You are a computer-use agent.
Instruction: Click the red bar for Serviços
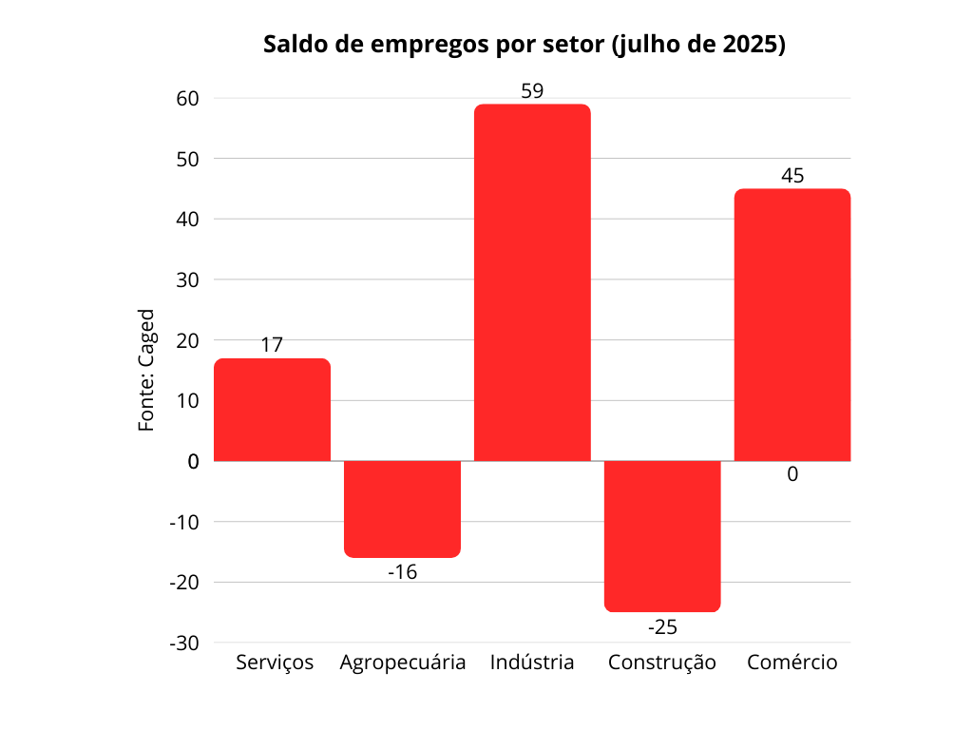[x=272, y=410]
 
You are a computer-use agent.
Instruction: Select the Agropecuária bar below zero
[x=402, y=509]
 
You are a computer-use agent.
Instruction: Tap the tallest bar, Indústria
[x=532, y=282]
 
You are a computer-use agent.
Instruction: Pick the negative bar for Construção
[x=662, y=536]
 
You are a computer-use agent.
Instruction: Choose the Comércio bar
[x=792, y=325]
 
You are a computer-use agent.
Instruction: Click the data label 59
[x=532, y=91]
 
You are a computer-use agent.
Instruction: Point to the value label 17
[x=272, y=344]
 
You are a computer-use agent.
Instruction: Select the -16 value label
[x=402, y=571]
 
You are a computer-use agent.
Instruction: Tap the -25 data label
[x=662, y=627]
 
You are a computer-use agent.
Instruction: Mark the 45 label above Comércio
[x=792, y=176]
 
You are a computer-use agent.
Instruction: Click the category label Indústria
[x=532, y=663]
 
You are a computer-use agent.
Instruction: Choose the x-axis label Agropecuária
[x=403, y=663]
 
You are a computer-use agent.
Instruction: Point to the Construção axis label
[x=662, y=663]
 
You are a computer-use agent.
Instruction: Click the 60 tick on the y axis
[x=187, y=98]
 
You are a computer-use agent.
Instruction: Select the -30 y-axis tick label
[x=184, y=644]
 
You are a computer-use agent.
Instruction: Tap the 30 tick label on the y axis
[x=187, y=280]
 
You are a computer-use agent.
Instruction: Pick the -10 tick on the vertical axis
[x=184, y=522]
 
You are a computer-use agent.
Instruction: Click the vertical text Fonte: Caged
[x=146, y=370]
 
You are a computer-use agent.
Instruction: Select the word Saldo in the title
[x=295, y=44]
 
